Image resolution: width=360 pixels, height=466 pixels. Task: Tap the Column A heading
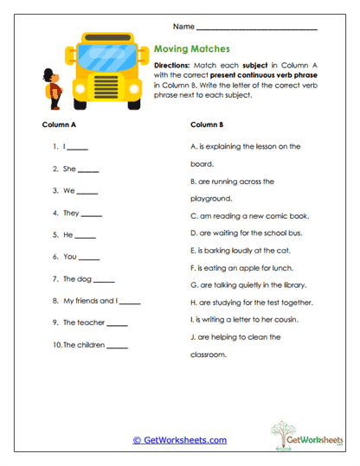(x=60, y=124)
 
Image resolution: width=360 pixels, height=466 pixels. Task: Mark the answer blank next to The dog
(x=104, y=281)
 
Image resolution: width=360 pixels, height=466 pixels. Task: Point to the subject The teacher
(x=84, y=322)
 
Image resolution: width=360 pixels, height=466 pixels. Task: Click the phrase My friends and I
(x=90, y=301)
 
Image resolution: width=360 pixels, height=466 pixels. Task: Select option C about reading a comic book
(x=249, y=216)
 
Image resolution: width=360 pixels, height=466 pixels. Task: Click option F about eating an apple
(x=240, y=267)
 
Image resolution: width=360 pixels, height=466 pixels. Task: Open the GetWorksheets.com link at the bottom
(x=179, y=440)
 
